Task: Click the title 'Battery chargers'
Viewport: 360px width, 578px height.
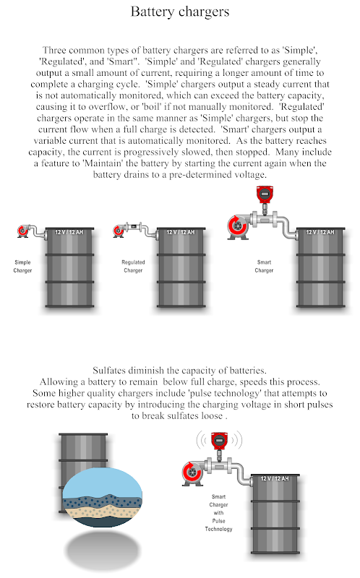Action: tap(179, 12)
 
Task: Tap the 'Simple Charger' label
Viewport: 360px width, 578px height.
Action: tap(22, 266)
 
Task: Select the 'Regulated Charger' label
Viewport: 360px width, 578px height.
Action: tap(133, 266)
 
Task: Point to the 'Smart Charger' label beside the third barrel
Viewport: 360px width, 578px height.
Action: tap(264, 266)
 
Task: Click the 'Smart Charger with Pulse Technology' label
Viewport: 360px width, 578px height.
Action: tap(219, 513)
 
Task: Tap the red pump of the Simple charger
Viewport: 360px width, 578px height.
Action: tap(22, 231)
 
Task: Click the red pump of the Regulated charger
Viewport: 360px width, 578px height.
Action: tap(119, 231)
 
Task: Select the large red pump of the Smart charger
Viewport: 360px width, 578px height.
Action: tap(238, 226)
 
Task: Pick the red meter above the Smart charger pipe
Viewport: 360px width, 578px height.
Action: tap(264, 194)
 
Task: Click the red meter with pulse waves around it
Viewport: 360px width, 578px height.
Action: tap(219, 441)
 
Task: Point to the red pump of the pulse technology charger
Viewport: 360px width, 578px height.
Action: tap(192, 473)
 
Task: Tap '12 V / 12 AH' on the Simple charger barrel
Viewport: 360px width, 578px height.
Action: tap(69, 232)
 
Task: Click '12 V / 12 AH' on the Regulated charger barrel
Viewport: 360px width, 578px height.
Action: tap(181, 232)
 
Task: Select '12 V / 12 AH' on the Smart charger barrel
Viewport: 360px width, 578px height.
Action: tap(320, 232)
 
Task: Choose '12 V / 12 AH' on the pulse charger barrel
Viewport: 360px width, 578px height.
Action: tap(275, 478)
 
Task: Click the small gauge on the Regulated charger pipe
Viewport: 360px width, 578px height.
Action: tap(134, 226)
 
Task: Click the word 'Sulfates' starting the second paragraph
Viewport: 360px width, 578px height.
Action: tap(107, 371)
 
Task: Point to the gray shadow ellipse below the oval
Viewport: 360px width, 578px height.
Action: tap(104, 551)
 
